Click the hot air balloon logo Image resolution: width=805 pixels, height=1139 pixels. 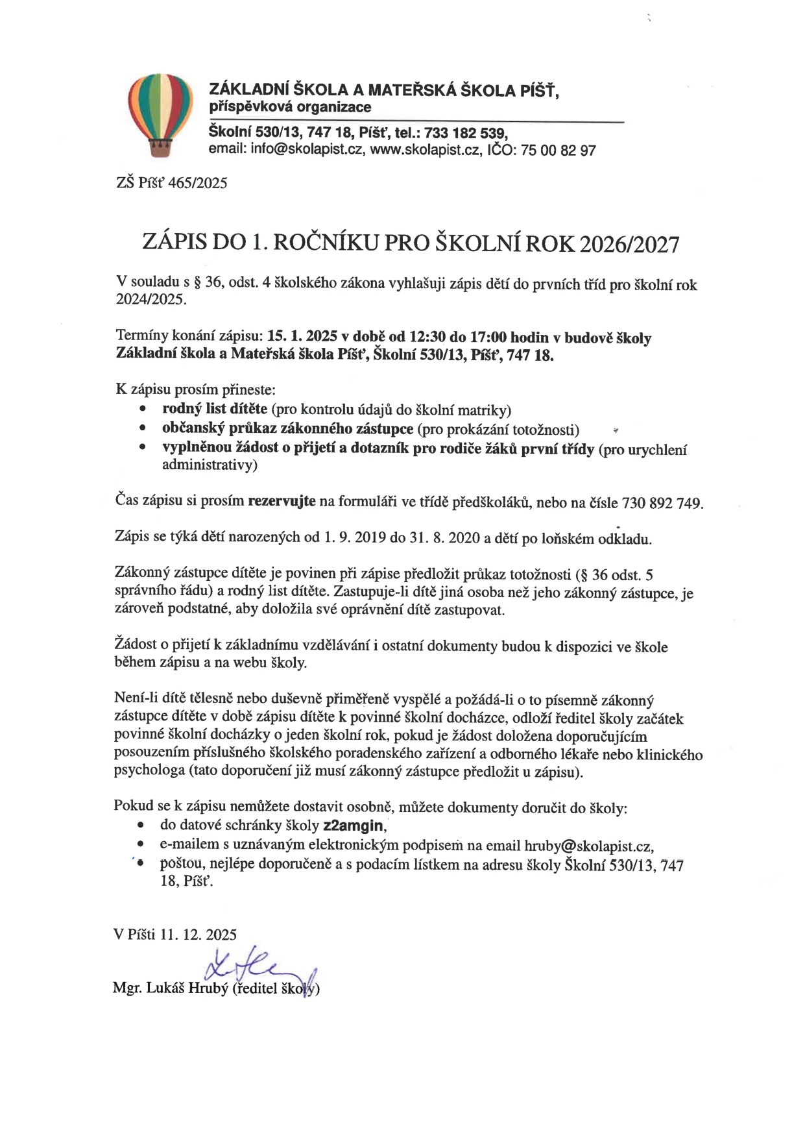tap(160, 115)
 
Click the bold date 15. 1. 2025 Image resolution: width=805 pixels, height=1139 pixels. tap(302, 337)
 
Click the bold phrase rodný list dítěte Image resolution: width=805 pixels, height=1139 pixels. tap(214, 409)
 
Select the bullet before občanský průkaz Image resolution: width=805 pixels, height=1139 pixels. tap(141, 429)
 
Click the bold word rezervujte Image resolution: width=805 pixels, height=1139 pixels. tap(282, 501)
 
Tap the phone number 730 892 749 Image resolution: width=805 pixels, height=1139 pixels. tap(662, 503)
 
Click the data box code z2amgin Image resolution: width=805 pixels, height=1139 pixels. tap(354, 826)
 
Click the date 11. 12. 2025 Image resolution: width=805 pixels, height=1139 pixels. tap(198, 935)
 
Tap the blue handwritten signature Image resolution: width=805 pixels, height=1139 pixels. tap(256, 969)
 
